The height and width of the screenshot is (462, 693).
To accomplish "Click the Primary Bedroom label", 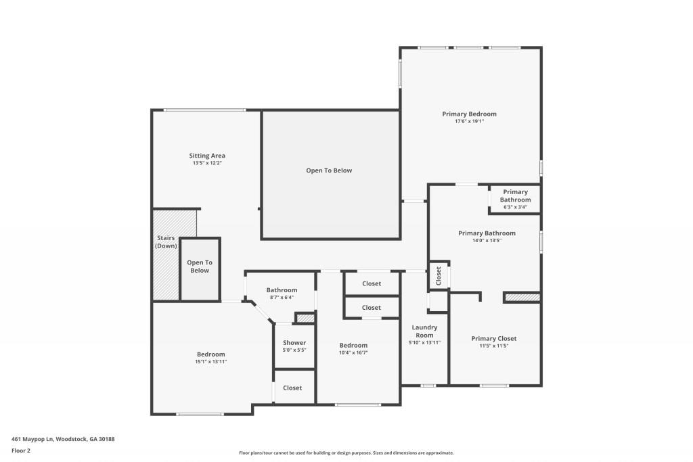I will pos(469,114).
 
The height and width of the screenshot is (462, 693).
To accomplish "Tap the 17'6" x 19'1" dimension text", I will pos(469,122).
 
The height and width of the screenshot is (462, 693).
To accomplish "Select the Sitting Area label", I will pos(207,156).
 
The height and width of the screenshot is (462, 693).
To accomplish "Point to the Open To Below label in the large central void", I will pos(329,170).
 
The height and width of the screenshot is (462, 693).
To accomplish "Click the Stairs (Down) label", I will pos(166,242).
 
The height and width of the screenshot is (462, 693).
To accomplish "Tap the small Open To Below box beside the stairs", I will pos(200,267).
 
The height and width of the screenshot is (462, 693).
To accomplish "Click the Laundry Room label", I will pos(425,331).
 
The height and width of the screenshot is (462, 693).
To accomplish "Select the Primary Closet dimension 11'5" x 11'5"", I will pos(494,346).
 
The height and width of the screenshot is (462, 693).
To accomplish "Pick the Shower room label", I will pos(294,343).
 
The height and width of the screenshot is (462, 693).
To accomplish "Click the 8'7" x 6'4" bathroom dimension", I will pos(282,297).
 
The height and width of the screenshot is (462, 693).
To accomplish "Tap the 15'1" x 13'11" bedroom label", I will pos(211,362).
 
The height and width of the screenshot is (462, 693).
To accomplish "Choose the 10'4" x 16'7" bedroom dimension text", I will pos(353,352).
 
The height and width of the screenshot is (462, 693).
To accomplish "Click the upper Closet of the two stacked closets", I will pos(372,283).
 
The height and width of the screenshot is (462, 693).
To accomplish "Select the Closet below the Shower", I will pos(292,388).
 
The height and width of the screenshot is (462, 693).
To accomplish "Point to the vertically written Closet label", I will pos(439,276).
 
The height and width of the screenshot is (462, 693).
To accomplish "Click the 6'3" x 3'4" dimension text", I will pos(515,207).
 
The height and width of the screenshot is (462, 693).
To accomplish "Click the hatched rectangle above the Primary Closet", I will pos(522,297).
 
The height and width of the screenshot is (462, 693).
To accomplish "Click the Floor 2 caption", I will pos(22,450).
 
